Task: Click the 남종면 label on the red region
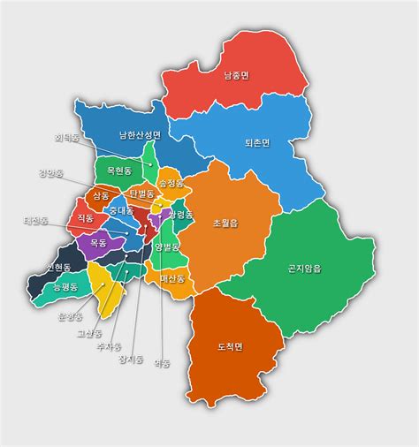(236, 76)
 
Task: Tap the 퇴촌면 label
(256, 141)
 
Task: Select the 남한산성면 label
(141, 135)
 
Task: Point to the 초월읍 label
(225, 223)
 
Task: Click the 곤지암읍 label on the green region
(305, 268)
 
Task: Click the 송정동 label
(171, 184)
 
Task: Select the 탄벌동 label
(141, 193)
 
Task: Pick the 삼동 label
(101, 195)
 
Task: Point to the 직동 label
(85, 217)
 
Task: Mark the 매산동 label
(171, 279)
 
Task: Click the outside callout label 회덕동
(66, 138)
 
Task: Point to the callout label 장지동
(131, 359)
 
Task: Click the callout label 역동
(162, 362)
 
